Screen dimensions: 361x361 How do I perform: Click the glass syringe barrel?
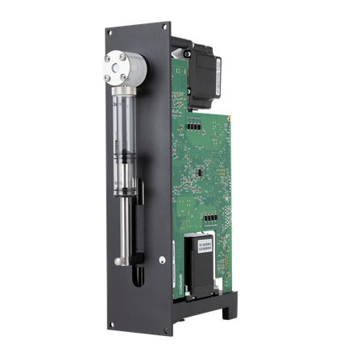click(126, 137)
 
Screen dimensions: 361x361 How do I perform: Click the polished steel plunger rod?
click(122, 230)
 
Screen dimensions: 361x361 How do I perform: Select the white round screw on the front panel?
click(164, 259)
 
